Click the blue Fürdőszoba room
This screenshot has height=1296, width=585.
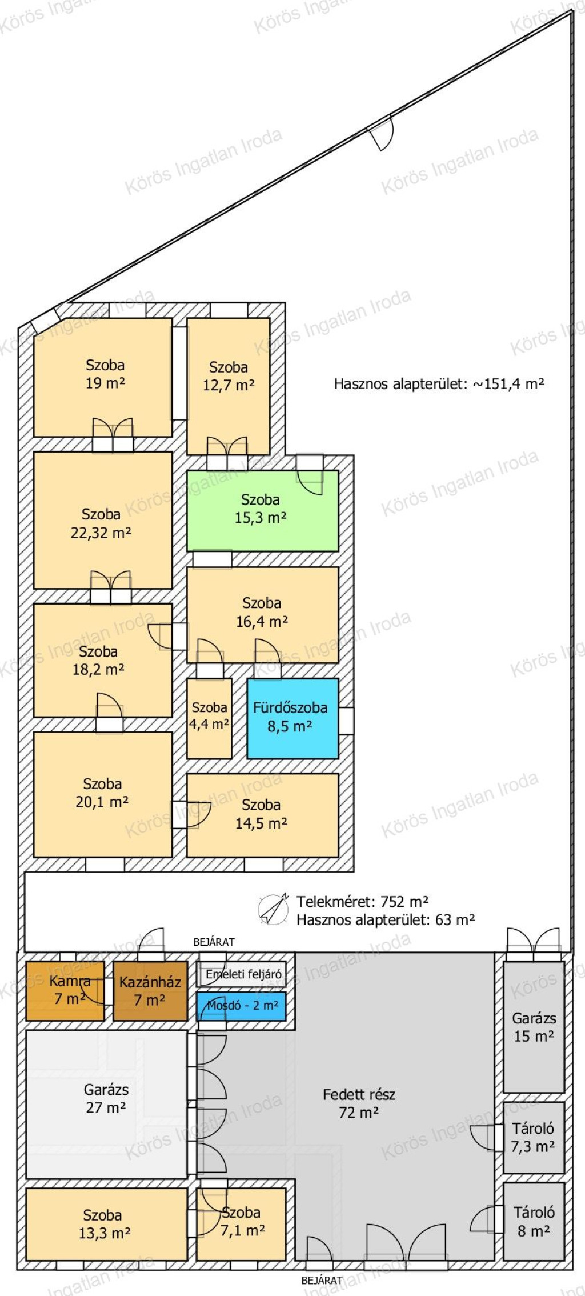tap(292, 718)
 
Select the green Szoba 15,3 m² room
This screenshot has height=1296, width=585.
tap(262, 510)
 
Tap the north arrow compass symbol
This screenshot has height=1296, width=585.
tap(273, 909)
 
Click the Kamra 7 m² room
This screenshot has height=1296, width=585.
tap(65, 991)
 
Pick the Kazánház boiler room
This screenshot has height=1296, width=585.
tap(150, 991)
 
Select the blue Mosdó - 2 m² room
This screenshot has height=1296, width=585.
tap(241, 1006)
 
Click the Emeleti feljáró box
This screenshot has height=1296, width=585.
tap(241, 974)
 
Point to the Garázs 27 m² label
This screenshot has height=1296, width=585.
tap(106, 1098)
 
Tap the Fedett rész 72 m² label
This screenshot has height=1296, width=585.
tap(359, 1103)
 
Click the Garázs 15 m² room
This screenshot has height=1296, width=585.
tap(534, 1027)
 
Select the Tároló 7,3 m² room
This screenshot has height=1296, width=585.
tap(534, 1138)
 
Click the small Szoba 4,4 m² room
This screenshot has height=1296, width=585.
tap(209, 718)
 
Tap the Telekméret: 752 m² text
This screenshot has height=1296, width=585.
tap(362, 902)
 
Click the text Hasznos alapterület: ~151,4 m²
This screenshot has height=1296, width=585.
tap(439, 383)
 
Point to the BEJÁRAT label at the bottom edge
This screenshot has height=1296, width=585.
tap(322, 1281)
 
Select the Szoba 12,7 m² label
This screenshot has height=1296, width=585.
tap(229, 376)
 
